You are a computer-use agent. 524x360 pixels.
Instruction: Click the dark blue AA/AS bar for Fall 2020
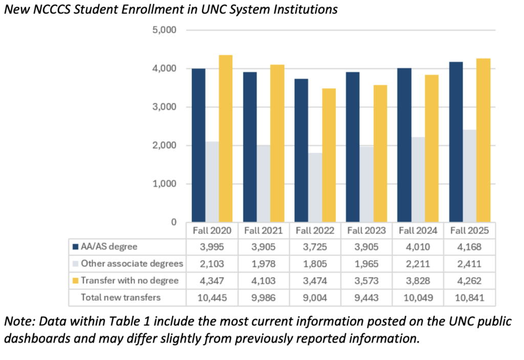[x=199, y=145]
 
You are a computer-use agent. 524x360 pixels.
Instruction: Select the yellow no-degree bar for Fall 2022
[x=329, y=155]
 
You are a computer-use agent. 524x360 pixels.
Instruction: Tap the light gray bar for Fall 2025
[x=470, y=176]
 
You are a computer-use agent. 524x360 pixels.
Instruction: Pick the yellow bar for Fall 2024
[x=432, y=149]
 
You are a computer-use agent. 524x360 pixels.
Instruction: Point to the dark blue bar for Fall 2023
[x=353, y=147]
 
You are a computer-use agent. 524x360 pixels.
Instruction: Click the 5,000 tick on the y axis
[x=164, y=30]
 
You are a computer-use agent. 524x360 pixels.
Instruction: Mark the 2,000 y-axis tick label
[x=164, y=145]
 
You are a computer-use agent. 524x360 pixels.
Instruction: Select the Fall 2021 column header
[x=264, y=230]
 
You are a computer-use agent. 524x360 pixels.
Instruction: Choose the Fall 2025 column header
[x=470, y=230]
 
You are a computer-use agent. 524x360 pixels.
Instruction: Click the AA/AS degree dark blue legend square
[x=76, y=247]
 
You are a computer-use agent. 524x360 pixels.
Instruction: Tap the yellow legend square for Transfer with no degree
[x=76, y=281]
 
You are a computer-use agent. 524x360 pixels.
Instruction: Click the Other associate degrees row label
[x=132, y=264]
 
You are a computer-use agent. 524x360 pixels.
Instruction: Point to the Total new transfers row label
[x=121, y=298]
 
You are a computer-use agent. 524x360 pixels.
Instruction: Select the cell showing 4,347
[x=212, y=281]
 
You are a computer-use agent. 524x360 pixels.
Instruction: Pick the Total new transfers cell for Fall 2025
[x=470, y=298]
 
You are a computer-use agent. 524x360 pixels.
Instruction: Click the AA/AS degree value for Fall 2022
[x=315, y=247]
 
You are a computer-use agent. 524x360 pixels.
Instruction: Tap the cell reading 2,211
[x=418, y=264]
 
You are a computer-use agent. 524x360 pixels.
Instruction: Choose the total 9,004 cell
[x=315, y=298]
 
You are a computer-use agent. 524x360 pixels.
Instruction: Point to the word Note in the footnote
[x=19, y=321]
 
